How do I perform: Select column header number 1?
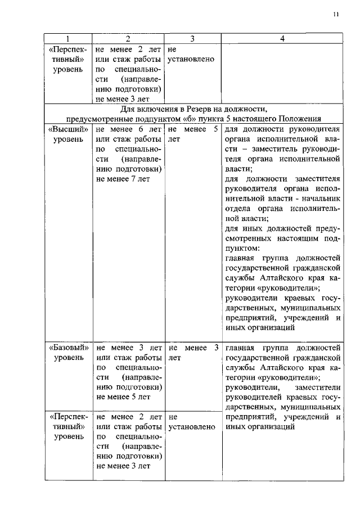tap(68, 39)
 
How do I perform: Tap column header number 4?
tap(282, 39)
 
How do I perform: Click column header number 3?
tap(192, 39)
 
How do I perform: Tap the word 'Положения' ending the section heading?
tap(301, 118)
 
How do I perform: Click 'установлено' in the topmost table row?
tap(191, 59)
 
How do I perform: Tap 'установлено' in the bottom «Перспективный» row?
tap(192, 427)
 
